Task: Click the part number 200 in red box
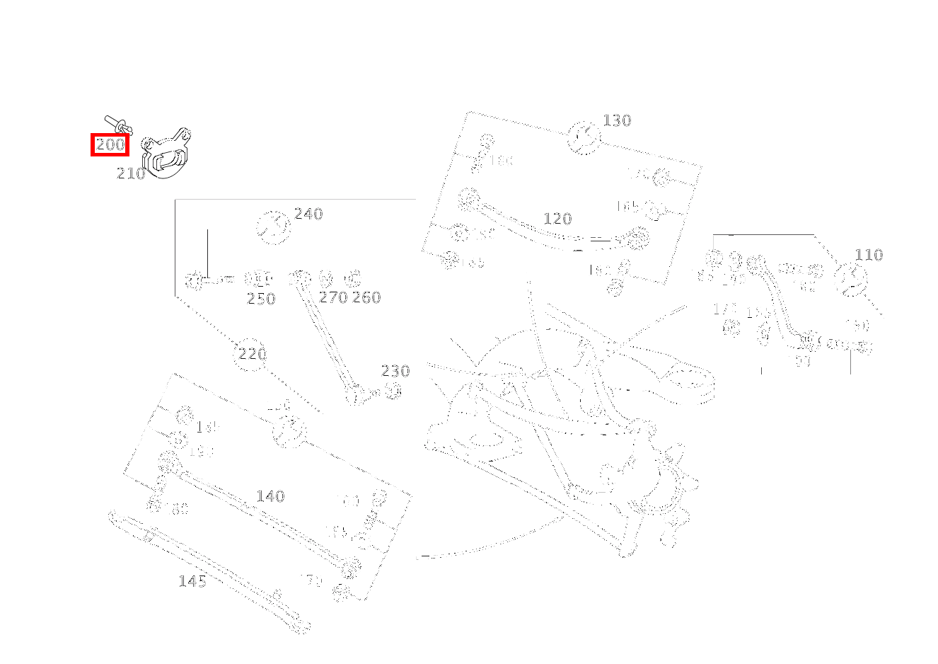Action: tap(110, 145)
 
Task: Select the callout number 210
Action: tap(131, 173)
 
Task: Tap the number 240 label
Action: tap(308, 214)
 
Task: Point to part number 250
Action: tap(261, 299)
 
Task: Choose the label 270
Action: tap(332, 297)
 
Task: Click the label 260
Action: tap(366, 297)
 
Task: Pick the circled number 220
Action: tap(252, 354)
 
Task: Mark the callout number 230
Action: tap(395, 371)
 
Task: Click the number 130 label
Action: tap(617, 120)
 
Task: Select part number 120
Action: tap(557, 219)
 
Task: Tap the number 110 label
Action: tap(869, 255)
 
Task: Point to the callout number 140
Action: tap(270, 496)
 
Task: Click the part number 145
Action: tap(192, 581)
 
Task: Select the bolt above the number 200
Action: tap(117, 124)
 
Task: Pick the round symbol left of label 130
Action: tap(584, 137)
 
